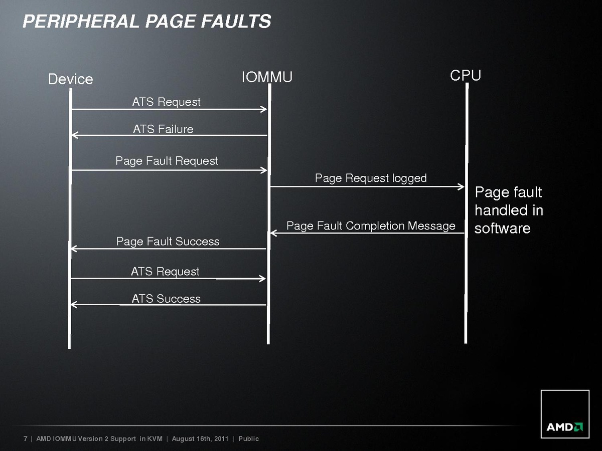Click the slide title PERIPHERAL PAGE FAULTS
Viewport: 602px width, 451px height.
point(147,21)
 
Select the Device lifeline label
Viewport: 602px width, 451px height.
point(70,79)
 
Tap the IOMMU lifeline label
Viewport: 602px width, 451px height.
point(267,77)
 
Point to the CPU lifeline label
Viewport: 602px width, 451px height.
point(466,75)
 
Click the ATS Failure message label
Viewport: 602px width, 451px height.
point(163,129)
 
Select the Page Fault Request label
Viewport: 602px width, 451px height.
point(167,161)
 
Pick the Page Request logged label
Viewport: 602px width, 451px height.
point(371,178)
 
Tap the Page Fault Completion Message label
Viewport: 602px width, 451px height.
point(371,226)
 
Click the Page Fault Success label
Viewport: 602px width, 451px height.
point(168,242)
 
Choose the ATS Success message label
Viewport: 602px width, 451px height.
point(166,299)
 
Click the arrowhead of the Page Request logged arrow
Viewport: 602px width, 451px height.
point(462,187)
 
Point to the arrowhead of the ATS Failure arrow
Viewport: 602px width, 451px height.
point(74,135)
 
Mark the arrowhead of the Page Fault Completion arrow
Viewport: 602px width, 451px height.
point(273,233)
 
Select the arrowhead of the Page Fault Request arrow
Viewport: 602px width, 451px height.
point(264,170)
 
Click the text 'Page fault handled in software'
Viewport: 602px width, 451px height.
point(509,210)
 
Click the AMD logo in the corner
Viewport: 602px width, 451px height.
point(564,427)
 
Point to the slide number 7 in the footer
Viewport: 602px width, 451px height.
point(26,439)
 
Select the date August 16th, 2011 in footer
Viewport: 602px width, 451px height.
point(200,439)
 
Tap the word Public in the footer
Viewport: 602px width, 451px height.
point(249,439)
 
